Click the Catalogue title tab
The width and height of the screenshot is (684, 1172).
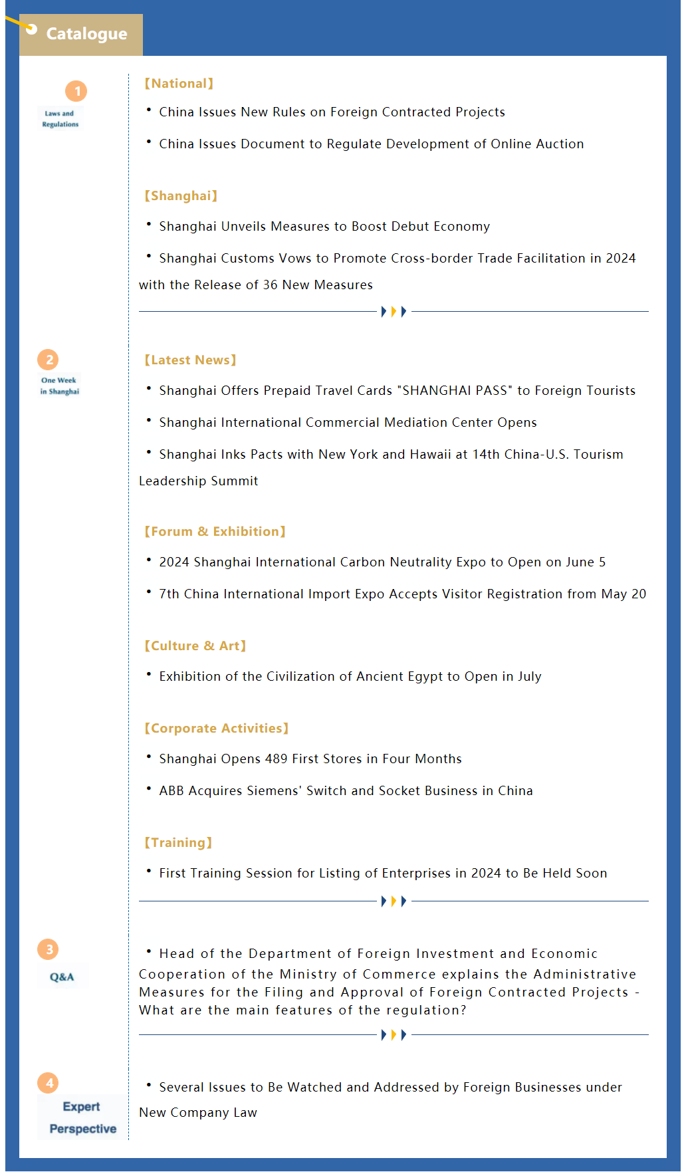[81, 34]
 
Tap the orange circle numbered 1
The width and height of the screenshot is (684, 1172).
[76, 91]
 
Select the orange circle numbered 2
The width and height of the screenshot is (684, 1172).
[49, 360]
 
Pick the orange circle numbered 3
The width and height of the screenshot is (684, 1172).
[49, 949]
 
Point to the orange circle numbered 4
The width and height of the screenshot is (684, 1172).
[49, 1083]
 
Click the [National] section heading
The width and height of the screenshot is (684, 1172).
[179, 84]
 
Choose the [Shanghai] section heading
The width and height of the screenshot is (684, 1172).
[181, 196]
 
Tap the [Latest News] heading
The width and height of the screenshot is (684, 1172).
[190, 360]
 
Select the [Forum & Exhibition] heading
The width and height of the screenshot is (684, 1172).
[215, 532]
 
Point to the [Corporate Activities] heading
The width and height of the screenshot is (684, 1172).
[216, 729]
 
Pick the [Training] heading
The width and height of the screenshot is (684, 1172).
[178, 843]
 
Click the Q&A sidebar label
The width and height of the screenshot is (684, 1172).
[62, 977]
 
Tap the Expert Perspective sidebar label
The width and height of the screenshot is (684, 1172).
[82, 1118]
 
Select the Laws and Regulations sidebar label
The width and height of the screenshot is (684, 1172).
[60, 119]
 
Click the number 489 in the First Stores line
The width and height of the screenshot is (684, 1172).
[276, 759]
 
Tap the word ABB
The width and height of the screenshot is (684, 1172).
[171, 791]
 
